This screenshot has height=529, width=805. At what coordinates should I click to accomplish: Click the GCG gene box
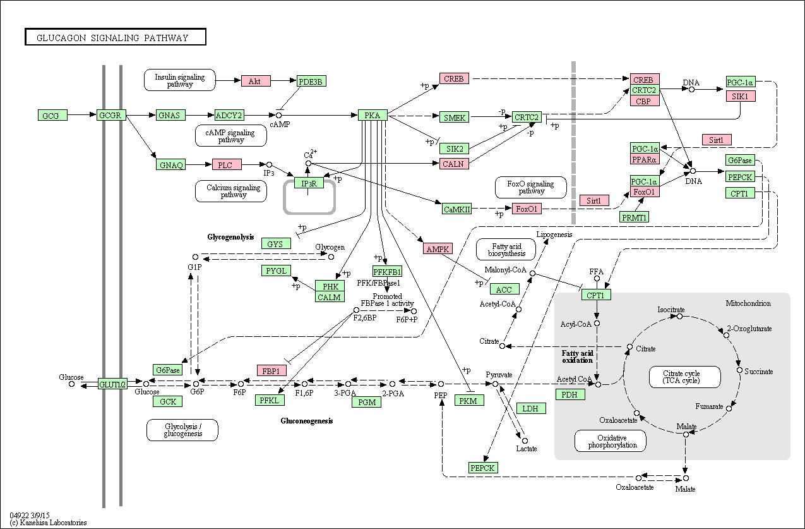coord(52,115)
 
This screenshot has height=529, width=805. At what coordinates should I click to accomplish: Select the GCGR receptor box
coord(111,115)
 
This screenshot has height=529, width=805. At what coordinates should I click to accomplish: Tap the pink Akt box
coord(256,81)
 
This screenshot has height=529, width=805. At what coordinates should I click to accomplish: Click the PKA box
coord(373,115)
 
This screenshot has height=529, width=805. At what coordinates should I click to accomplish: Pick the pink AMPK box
coord(438,248)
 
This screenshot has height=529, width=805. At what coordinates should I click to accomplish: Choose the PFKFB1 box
coord(387,271)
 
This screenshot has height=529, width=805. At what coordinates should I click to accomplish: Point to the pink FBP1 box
coord(271,370)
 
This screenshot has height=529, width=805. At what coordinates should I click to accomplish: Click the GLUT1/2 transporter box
coord(112,384)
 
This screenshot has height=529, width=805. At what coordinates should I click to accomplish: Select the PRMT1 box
coord(635,217)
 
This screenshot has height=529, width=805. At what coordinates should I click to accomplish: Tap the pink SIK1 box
coord(741,96)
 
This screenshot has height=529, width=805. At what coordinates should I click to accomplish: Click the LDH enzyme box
coord(531,408)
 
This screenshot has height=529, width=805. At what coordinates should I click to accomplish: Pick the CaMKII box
coord(456,209)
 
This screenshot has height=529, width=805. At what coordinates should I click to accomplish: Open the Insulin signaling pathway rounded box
coord(180,80)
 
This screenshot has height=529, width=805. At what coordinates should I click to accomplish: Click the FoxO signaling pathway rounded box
coord(531,187)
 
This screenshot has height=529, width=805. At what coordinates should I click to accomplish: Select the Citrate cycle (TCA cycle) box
coord(684,377)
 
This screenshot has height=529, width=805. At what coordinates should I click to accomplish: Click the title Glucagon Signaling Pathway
coord(112,38)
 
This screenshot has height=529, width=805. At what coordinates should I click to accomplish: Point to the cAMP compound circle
coord(278,115)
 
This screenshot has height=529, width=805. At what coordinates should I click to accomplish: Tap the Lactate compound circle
coord(525,441)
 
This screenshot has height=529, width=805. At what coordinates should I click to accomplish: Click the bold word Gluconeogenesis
coord(307,421)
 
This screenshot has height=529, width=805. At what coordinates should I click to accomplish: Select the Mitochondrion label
coord(748,303)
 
